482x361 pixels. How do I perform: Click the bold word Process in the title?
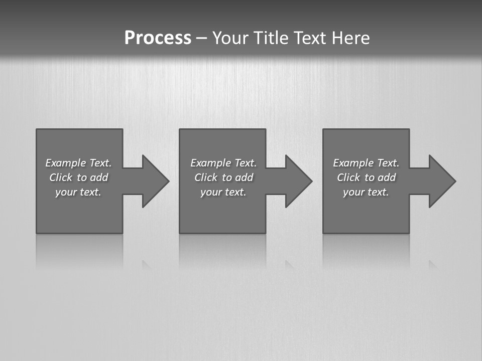[x=158, y=38]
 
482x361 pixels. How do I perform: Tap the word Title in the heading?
[x=270, y=38]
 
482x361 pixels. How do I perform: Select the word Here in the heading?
[x=350, y=38]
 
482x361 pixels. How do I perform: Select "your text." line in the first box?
[x=78, y=192]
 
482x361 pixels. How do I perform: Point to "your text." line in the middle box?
[x=223, y=192]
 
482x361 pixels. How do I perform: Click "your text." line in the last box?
[x=366, y=192]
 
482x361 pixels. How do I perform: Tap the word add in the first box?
[x=99, y=177]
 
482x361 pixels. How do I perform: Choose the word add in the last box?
[x=387, y=177]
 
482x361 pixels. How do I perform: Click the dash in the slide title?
[x=202, y=38]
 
